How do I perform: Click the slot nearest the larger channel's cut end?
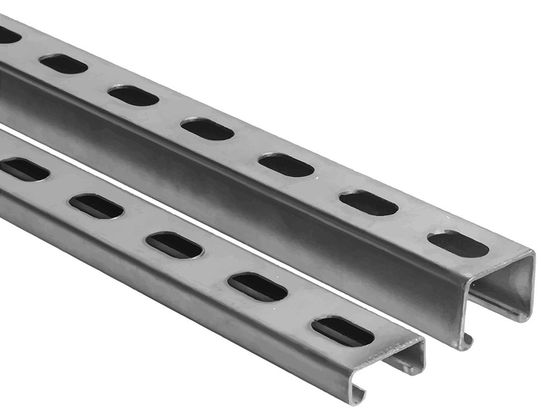pyautogui.click(x=458, y=244)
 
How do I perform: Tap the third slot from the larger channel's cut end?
pyautogui.click(x=286, y=165)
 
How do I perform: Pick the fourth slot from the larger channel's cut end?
pyautogui.click(x=207, y=129)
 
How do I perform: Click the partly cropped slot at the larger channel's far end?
pyautogui.click(x=8, y=35)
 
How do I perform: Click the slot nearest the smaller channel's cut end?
pyautogui.click(x=343, y=332)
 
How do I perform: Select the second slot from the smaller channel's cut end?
pyautogui.click(x=257, y=288)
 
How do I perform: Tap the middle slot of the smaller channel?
pyautogui.click(x=174, y=245)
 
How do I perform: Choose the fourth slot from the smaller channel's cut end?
pyautogui.click(x=96, y=207)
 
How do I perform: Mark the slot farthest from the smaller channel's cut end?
pyautogui.click(x=24, y=170)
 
